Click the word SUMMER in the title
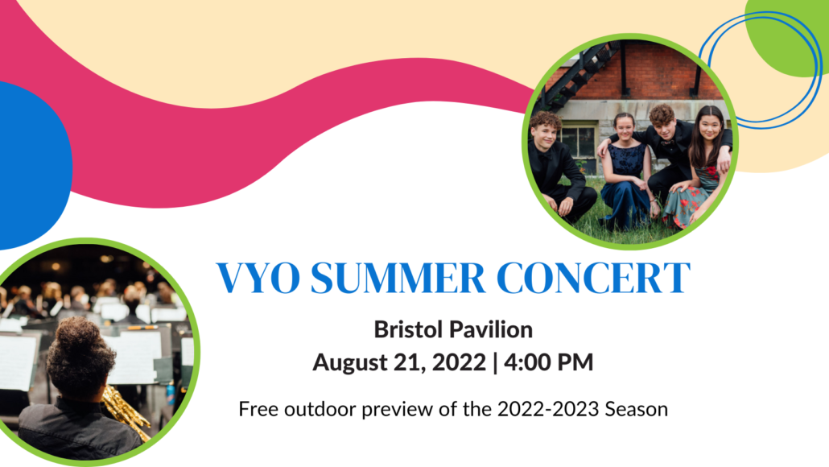[x=398, y=278]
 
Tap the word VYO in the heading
[x=258, y=278]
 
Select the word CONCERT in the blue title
[x=593, y=278]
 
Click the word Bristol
[x=409, y=329]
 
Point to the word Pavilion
[x=492, y=329]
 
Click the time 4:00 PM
[x=549, y=362]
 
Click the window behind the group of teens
[x=579, y=141]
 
